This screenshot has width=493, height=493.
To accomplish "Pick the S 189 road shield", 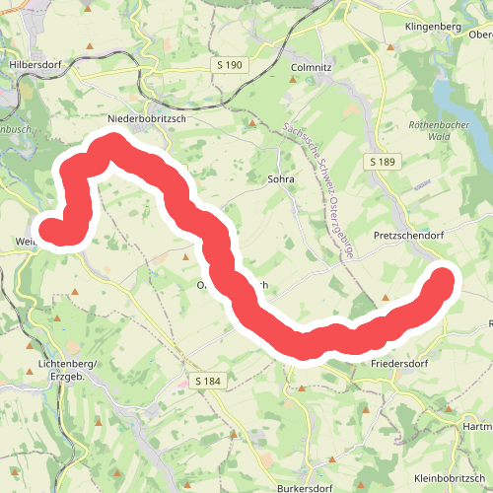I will tap(384, 161).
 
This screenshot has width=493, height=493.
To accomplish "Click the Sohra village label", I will tap(282, 180).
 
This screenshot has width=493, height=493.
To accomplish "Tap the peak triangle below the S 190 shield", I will tap(252, 123).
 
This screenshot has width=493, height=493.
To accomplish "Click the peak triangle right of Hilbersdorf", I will tap(91, 45).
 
